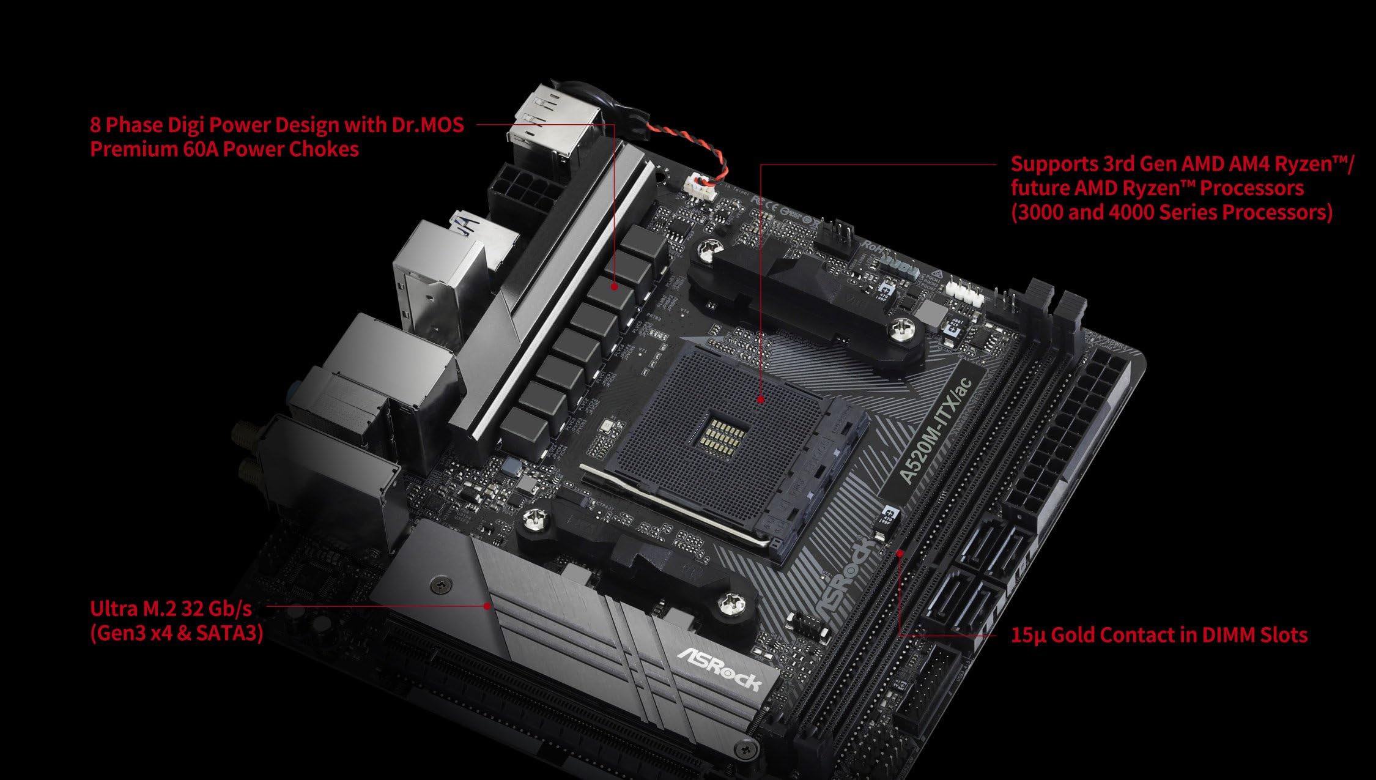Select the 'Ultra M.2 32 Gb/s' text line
click(171, 609)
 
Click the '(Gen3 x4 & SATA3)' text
click(177, 633)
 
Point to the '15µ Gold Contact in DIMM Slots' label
click(1158, 635)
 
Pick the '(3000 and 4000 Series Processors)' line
click(1171, 212)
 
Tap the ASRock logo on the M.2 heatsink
click(719, 668)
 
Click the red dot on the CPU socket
click(760, 399)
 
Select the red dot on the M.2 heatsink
click(487, 606)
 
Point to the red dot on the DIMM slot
click(900, 553)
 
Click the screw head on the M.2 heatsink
click(440, 585)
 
